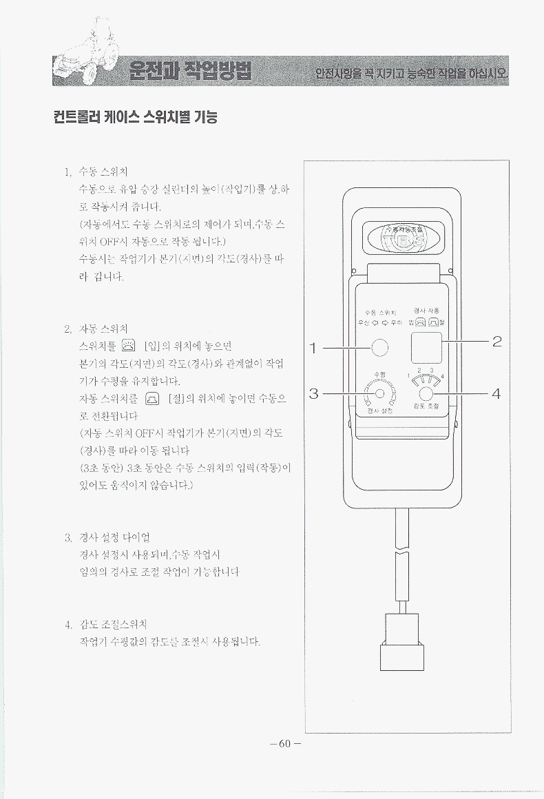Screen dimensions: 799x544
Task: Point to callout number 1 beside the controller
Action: [x=313, y=348]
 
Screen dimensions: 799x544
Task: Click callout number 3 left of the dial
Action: [x=313, y=394]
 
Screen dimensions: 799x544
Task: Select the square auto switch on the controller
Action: [x=426, y=346]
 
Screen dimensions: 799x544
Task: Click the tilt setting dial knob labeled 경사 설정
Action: [x=379, y=394]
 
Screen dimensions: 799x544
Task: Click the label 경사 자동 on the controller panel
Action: [x=428, y=310]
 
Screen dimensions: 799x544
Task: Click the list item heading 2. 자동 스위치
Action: [x=96, y=329]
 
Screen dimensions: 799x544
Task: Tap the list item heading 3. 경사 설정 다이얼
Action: [x=107, y=537]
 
